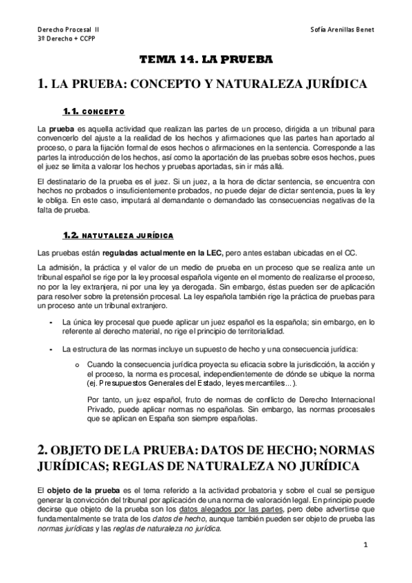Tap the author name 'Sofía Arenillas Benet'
click(x=342, y=30)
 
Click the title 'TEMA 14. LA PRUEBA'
click(x=206, y=60)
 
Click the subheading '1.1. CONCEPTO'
click(x=94, y=111)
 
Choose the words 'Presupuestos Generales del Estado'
click(x=154, y=382)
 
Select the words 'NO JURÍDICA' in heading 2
click(x=322, y=467)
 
